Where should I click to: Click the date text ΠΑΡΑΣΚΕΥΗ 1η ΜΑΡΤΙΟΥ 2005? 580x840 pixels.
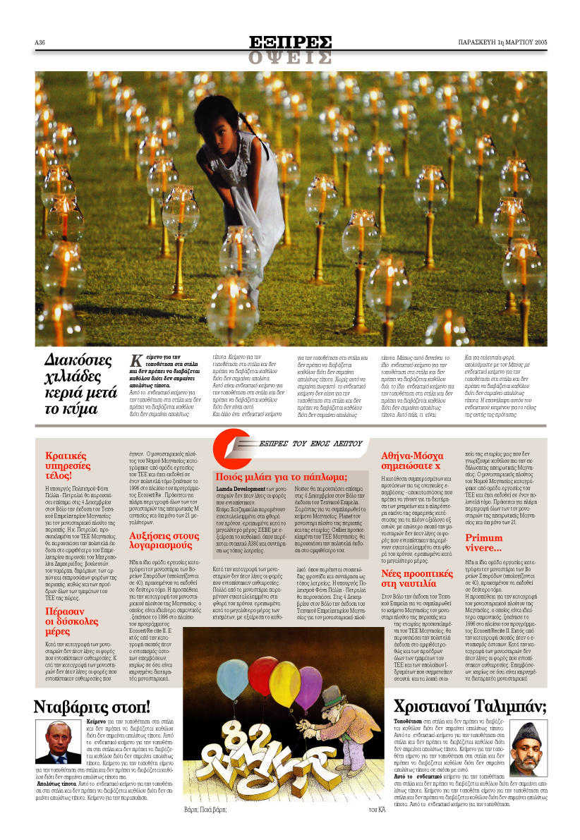click(x=502, y=42)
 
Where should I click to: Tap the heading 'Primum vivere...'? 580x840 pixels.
click(x=483, y=544)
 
